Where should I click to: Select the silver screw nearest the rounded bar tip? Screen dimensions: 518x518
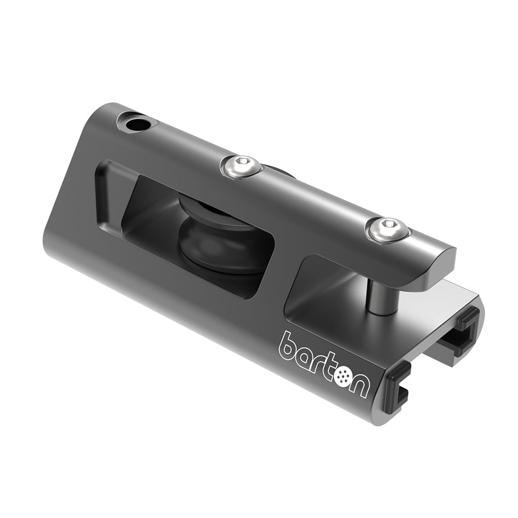pyautogui.click(x=388, y=229)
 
